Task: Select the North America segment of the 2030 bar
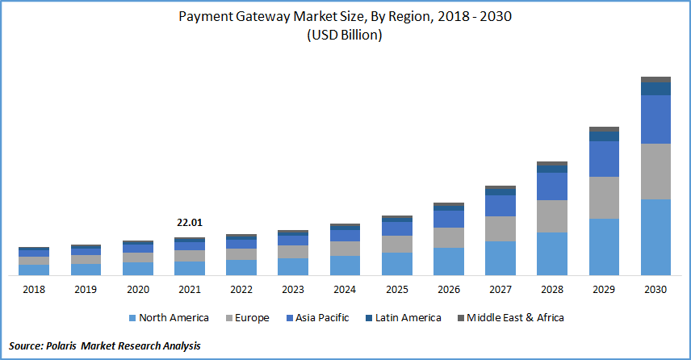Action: [656, 237]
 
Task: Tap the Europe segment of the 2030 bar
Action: [656, 171]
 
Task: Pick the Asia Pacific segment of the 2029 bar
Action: [604, 159]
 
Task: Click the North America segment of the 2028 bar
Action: [552, 253]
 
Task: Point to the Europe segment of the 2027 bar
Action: [500, 228]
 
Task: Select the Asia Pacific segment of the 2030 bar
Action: [656, 119]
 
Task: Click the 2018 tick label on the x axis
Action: [34, 289]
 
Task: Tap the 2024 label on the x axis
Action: [345, 289]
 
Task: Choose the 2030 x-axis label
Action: [656, 289]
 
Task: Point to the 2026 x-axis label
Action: [449, 289]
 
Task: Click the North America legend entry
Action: [168, 318]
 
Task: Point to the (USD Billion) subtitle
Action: [345, 36]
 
